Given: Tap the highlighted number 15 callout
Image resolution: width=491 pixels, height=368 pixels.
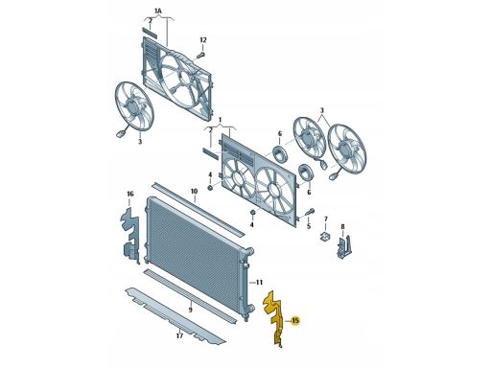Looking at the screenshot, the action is (x=295, y=320).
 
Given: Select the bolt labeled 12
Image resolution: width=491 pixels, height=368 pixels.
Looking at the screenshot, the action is (x=200, y=55).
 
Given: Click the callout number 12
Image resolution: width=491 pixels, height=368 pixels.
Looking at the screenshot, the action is (x=203, y=40).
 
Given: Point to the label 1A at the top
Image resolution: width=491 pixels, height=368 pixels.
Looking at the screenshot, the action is (x=158, y=11).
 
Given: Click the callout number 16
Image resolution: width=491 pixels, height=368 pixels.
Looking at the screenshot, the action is (x=130, y=194).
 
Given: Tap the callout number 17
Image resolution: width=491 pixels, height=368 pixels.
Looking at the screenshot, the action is (x=179, y=335).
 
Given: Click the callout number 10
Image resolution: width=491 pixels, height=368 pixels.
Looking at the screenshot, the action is (x=194, y=192).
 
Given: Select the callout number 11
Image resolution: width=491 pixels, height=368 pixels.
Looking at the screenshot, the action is (x=259, y=283).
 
